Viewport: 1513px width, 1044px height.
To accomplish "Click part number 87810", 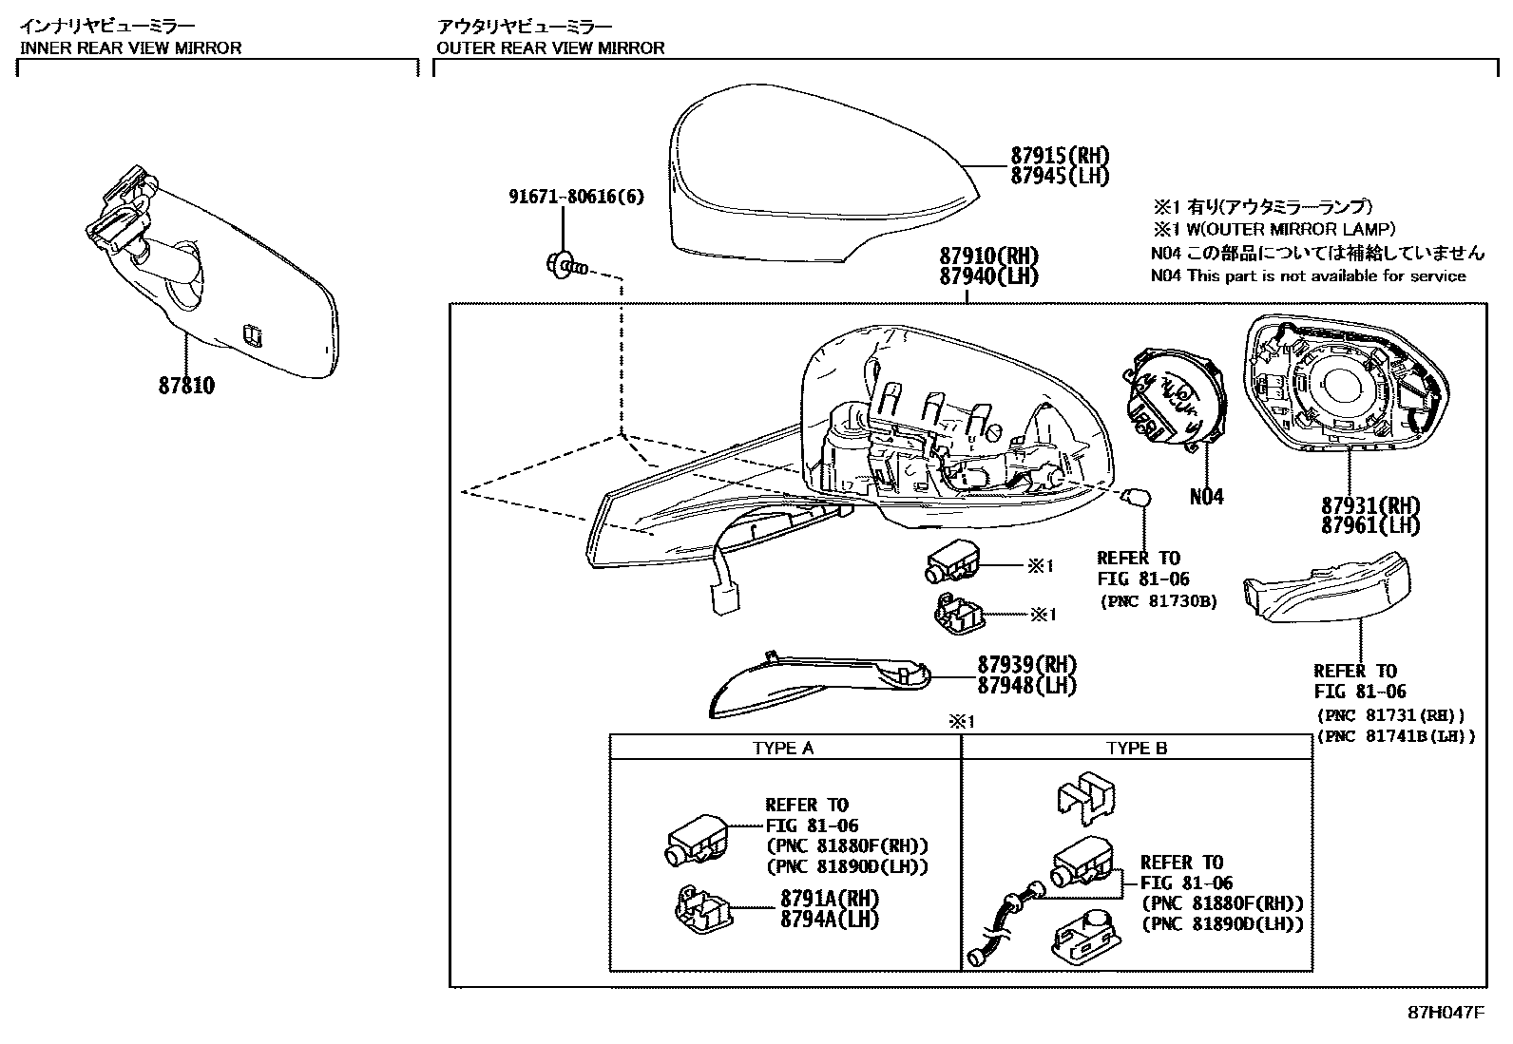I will pos(187,386).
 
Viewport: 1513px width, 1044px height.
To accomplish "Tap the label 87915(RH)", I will pos(1060,156).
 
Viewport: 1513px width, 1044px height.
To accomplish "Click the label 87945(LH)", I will pos(1060,176).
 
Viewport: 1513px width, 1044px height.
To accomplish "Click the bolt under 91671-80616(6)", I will pos(564,266).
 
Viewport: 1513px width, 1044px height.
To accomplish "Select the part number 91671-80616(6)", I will pos(576,197).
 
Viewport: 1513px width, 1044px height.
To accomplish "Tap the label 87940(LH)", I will pos(988,276).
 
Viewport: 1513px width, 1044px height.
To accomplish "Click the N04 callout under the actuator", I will pos(1207,496).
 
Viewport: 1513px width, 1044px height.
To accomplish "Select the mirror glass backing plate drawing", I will pos(1342,385).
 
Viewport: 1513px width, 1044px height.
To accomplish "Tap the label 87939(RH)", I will pos(1027,664).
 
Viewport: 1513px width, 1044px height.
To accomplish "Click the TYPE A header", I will pos(783,748).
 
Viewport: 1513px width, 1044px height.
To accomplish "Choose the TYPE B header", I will pos(1137,748).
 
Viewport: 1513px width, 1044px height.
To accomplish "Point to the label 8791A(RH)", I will pos(830,899).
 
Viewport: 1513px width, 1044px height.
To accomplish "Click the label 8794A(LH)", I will pos(830,919).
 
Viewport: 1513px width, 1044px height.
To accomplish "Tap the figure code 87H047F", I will pos(1446,1013).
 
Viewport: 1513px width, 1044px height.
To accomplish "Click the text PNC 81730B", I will pos(1159,601).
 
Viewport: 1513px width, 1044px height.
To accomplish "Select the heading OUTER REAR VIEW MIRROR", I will pos(550,47).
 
